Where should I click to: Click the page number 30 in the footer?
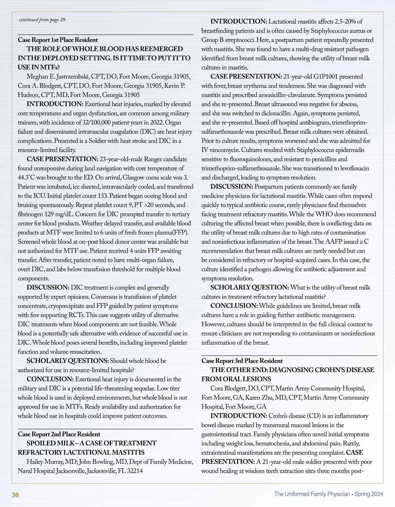[15, 494]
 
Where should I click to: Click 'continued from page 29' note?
[42, 20]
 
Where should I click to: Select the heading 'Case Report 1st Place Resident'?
[58, 40]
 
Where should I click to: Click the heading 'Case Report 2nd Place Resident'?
[59, 434]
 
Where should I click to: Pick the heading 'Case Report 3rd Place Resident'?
[242, 361]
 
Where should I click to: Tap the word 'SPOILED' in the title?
[41, 443]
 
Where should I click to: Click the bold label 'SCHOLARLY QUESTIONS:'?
[67, 361]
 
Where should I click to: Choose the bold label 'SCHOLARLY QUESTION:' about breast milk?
[250, 287]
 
